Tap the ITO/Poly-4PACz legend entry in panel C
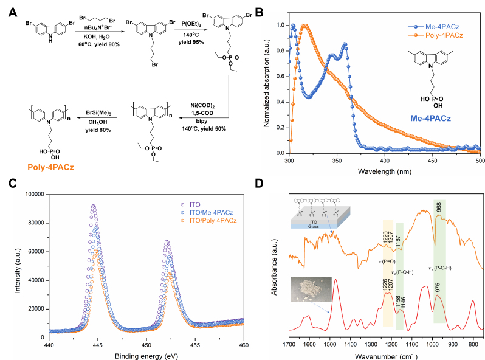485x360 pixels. [x=215, y=218]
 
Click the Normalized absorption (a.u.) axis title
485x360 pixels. [x=268, y=86]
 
